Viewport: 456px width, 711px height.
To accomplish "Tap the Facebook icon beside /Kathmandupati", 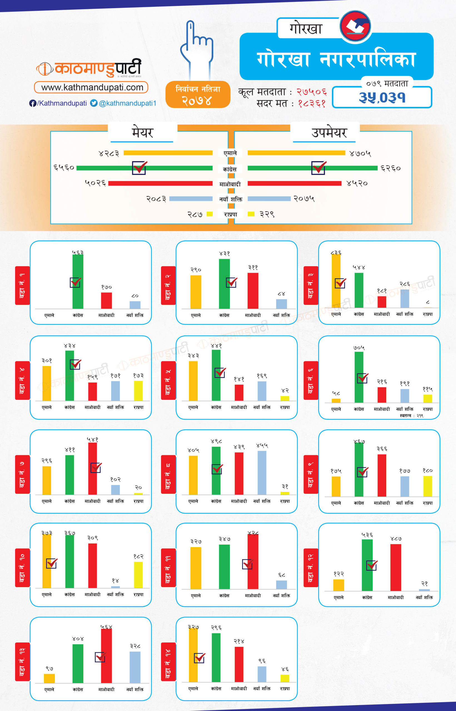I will pos(33,103).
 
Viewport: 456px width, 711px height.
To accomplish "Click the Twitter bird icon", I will pos(94,103).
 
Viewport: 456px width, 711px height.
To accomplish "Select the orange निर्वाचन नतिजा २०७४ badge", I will pos(198,94).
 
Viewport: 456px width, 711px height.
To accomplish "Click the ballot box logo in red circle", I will pos(355,26).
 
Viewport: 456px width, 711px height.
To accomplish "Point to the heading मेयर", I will pos(143,132).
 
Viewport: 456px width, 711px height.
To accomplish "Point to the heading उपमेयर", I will pos(329,132).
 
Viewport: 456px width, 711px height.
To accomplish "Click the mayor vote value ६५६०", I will pos(63,168).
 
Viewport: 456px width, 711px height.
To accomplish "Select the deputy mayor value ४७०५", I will pos(360,153).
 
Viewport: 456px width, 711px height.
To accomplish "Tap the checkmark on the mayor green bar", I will pos(139,168).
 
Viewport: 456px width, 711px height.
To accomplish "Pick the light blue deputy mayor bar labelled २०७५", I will pos(269,199).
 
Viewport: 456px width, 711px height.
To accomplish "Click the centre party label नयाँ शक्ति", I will pos(231,199).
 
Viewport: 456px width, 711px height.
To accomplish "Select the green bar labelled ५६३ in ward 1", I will pos(78,281).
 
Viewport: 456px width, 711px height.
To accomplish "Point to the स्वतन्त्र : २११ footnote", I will pos(411,416).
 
